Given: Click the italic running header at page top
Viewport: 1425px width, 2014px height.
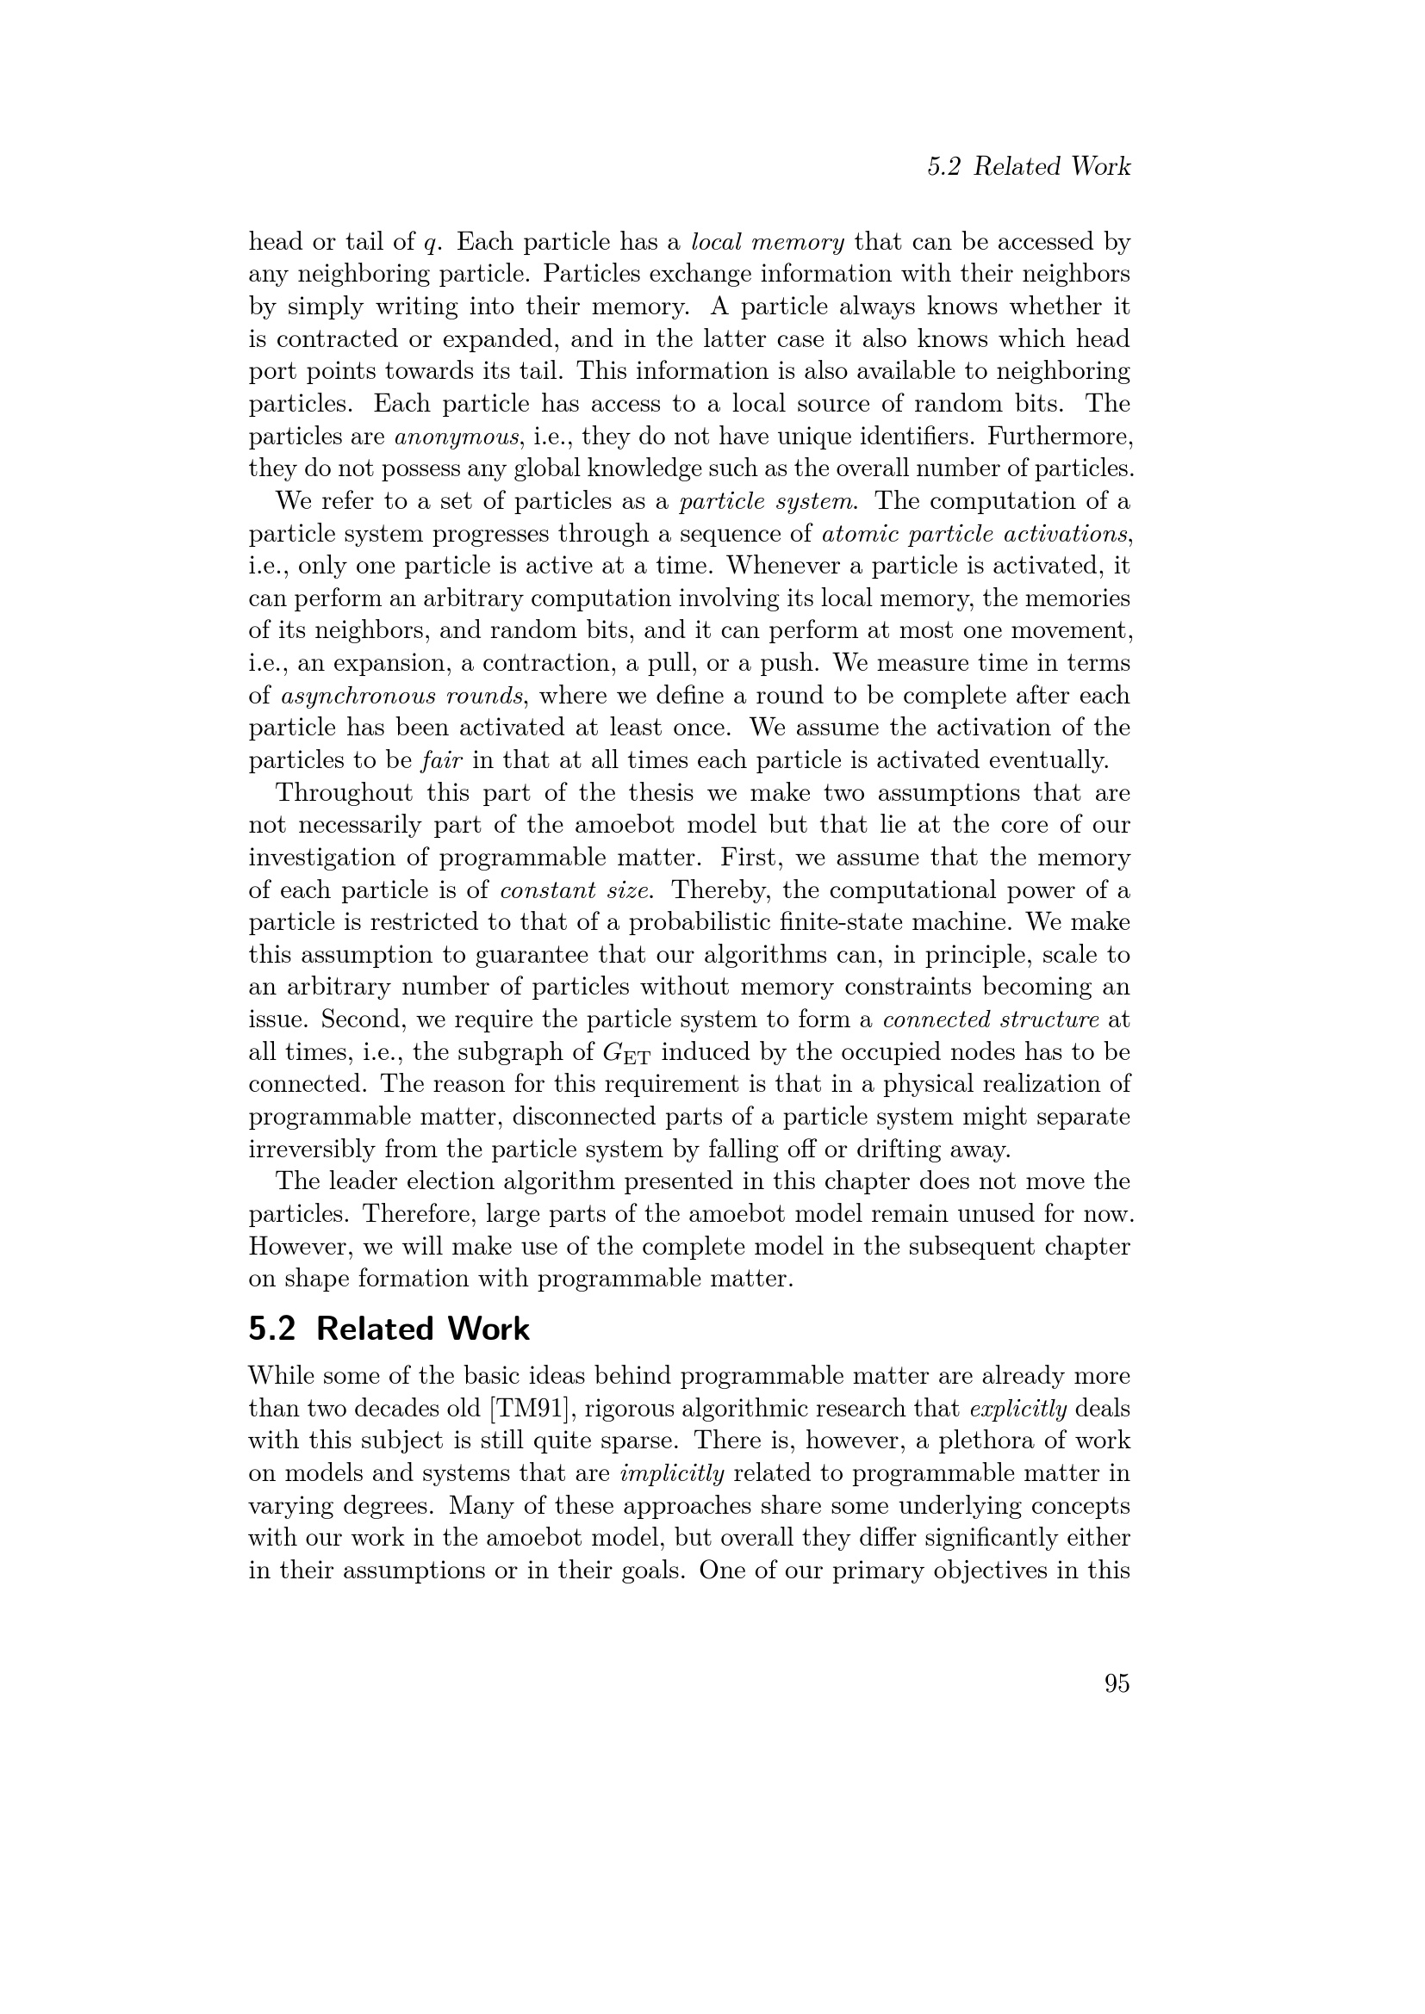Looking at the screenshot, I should point(1029,167).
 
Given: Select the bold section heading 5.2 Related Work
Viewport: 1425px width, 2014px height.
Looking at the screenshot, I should point(389,1329).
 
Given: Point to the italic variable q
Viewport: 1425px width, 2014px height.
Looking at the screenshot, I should point(429,243).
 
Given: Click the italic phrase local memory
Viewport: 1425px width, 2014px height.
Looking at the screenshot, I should point(768,241).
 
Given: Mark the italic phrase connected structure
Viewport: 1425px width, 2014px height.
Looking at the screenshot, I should point(991,1019).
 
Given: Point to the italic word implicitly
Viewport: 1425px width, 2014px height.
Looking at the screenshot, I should point(672,1473).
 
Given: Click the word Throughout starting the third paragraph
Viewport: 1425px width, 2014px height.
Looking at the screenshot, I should point(344,793).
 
